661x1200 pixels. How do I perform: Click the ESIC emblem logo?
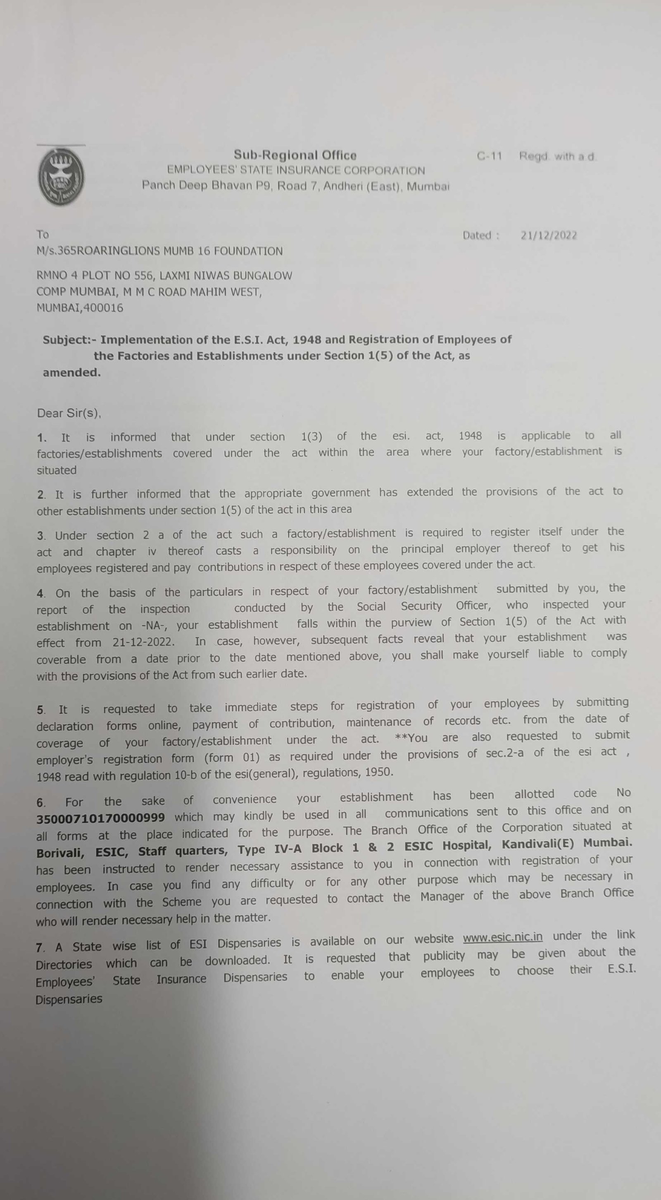(61, 175)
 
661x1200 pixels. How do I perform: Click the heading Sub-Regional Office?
(295, 155)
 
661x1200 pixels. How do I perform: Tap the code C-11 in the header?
(489, 156)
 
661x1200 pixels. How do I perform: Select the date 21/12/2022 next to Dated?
(549, 236)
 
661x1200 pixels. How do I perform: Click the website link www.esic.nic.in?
(502, 937)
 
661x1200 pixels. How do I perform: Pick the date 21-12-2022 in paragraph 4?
(143, 643)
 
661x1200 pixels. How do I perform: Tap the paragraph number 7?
(40, 948)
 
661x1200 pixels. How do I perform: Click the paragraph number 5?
(41, 710)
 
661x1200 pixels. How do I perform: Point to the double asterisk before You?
(401, 738)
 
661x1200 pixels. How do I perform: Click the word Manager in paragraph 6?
(442, 896)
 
